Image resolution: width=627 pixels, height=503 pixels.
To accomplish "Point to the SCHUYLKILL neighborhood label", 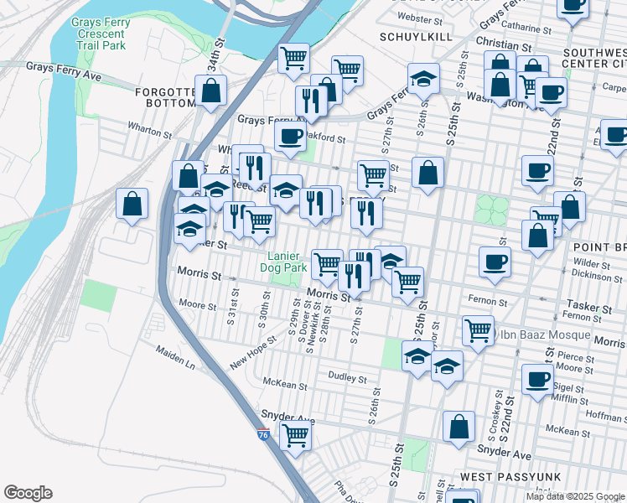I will click(416, 37).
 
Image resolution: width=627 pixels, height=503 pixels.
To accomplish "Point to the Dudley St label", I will click(349, 377).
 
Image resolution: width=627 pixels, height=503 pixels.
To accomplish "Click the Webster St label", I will click(420, 17).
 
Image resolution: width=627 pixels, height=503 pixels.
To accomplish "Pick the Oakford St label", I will click(326, 137).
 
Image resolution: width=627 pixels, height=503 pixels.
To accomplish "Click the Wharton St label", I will click(149, 131).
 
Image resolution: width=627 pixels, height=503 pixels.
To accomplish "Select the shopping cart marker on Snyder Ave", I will click(295, 435).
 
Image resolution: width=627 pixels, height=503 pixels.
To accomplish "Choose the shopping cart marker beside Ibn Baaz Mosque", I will click(478, 329).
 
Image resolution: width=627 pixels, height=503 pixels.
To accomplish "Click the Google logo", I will click(28, 493).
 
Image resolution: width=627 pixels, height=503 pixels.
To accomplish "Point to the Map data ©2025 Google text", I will click(574, 496).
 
